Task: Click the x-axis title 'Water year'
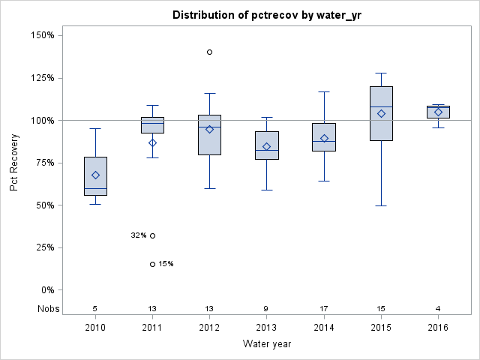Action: point(266,344)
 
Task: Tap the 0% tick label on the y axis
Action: point(46,290)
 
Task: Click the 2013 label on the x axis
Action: point(266,327)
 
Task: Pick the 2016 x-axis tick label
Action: point(438,327)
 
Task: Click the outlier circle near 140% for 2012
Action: point(209,52)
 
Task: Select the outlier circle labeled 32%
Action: point(152,235)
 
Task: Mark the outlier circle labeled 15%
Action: point(152,264)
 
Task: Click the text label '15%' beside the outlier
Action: point(166,264)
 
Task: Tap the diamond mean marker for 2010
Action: point(95,175)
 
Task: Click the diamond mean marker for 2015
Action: point(381,113)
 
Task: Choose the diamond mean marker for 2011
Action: point(152,142)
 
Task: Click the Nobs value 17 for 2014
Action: point(324,308)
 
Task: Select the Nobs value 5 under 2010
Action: point(95,308)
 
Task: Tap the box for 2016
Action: point(438,112)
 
